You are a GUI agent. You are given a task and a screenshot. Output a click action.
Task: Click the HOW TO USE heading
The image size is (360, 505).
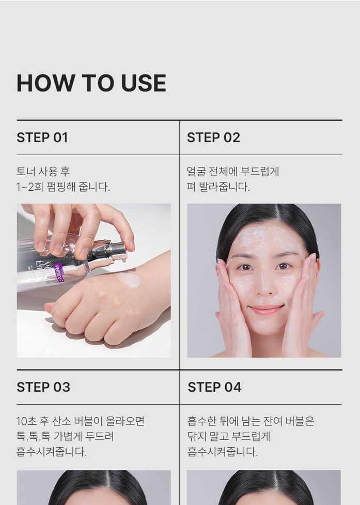click(91, 83)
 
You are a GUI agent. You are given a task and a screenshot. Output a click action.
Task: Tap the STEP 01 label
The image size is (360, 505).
click(42, 137)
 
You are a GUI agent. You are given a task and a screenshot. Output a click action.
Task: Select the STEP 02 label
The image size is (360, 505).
click(214, 137)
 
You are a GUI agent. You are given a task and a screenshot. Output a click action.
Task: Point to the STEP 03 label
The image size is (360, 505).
click(43, 387)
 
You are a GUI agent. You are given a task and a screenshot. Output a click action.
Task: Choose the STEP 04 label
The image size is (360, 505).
click(214, 387)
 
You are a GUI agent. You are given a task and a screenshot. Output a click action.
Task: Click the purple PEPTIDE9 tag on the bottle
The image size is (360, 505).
click(59, 272)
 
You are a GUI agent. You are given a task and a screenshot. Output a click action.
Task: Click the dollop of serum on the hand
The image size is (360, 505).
click(129, 280)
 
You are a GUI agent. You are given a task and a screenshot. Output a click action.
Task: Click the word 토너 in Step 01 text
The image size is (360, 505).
click(25, 171)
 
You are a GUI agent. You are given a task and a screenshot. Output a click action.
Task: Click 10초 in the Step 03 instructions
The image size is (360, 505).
click(26, 421)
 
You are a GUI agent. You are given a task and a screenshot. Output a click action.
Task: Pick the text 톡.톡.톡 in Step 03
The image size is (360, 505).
click(34, 436)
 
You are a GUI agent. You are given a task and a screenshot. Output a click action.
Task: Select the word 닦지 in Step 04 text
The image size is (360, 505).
click(197, 436)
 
